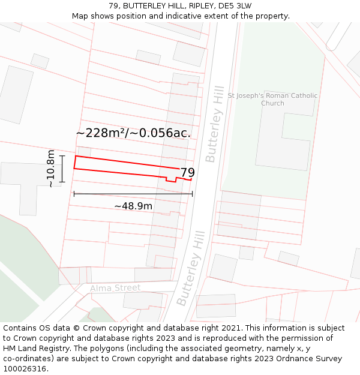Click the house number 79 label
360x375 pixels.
[187, 173]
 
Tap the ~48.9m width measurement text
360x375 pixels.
[133, 206]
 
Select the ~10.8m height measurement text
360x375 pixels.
[51, 169]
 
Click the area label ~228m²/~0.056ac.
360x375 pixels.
[133, 133]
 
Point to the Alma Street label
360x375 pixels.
[115, 288]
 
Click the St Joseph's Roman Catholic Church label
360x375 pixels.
[272, 100]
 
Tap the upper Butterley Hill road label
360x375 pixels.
[214, 124]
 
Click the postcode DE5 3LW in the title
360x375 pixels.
[234, 6]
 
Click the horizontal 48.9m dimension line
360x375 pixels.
[133, 194]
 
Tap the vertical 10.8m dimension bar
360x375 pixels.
[62, 169]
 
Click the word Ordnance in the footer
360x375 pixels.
[287, 359]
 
